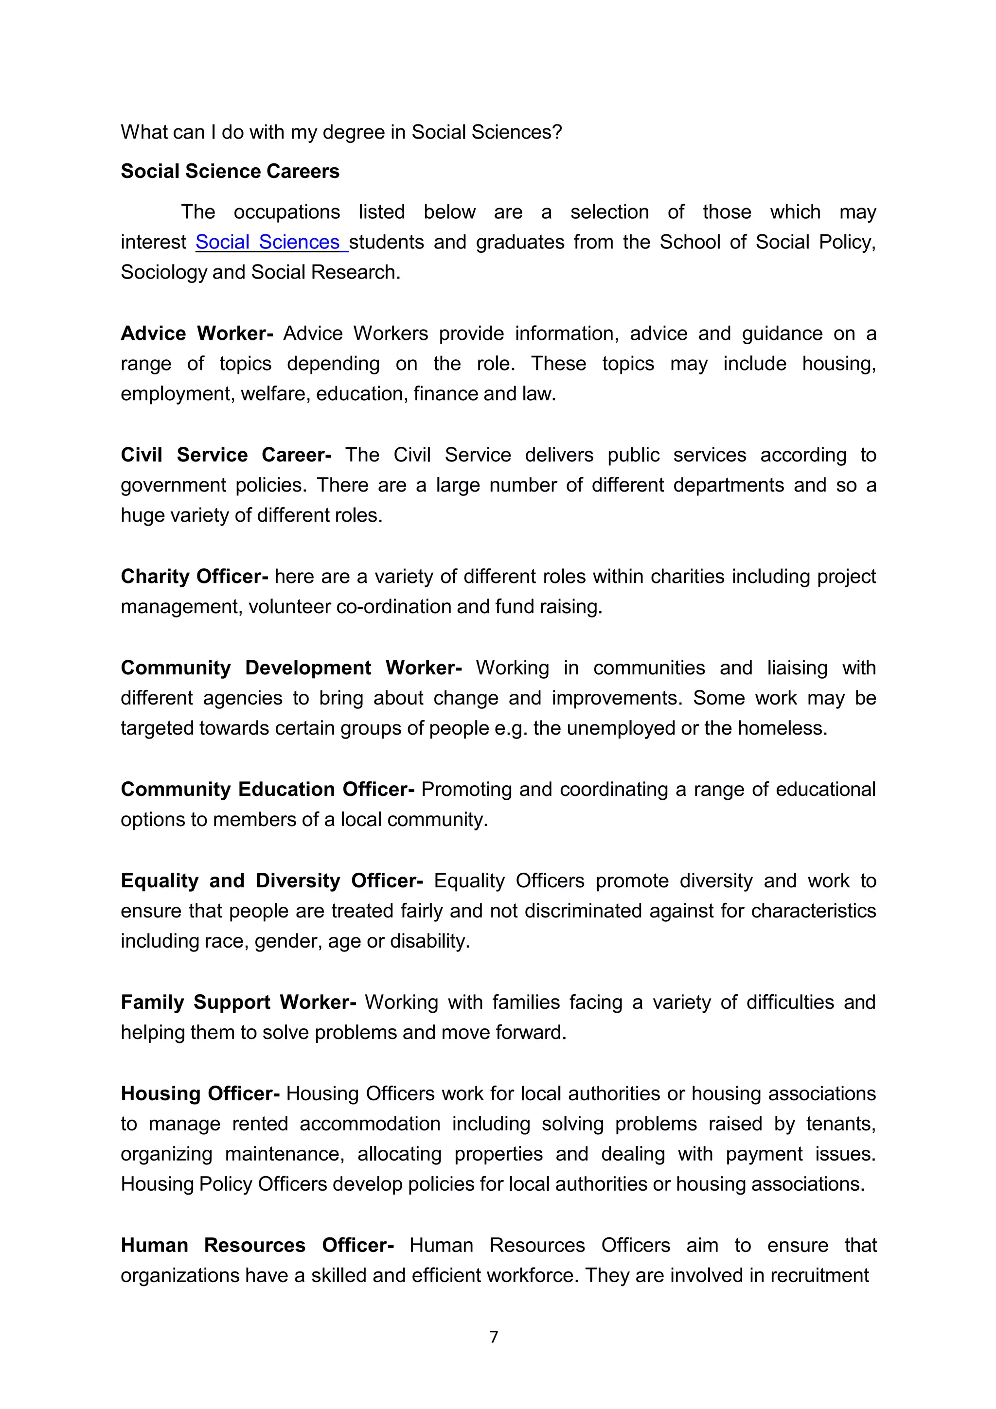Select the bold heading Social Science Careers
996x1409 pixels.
point(230,171)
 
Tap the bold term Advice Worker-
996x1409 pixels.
point(196,333)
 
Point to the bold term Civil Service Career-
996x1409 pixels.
point(226,455)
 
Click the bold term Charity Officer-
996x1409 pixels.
point(194,576)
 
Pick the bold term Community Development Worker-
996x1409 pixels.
point(291,668)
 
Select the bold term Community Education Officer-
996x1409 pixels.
point(267,789)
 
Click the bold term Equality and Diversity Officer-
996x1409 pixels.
point(271,881)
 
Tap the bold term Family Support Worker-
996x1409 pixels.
point(238,1002)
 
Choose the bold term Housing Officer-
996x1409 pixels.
point(200,1093)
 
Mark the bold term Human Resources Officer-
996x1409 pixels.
point(257,1245)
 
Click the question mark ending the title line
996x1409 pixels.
point(557,133)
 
